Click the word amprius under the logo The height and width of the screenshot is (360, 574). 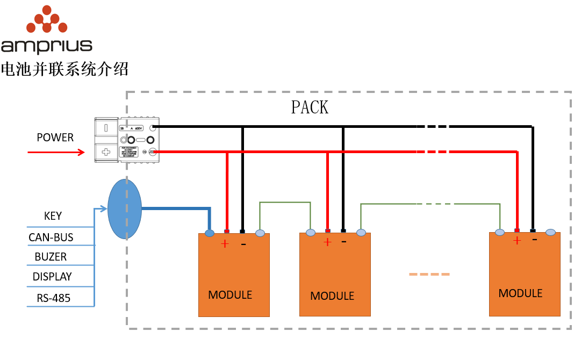coord(47,46)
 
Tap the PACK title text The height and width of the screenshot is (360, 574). coord(310,107)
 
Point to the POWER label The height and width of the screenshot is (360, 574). coord(55,138)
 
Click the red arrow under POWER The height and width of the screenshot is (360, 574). coord(56,153)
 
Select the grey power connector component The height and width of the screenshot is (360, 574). coord(128,140)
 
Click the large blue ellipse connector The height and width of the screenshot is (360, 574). coord(124,209)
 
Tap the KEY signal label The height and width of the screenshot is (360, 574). coord(53,216)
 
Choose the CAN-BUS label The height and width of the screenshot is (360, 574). coord(51,237)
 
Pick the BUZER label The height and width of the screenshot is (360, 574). coord(51,257)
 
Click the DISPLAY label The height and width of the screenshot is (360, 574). coord(52,277)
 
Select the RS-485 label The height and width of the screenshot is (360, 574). coord(54,298)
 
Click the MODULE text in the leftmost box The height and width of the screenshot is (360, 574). coord(230,294)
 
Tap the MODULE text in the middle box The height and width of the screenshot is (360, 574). coord(332,296)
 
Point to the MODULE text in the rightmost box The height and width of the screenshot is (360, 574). coord(520,293)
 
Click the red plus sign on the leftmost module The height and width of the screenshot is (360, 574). coord(225,244)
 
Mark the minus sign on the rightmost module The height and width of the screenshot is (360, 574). coord(534,240)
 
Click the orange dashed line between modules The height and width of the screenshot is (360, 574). coord(429,274)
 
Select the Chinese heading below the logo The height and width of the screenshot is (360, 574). coord(64,69)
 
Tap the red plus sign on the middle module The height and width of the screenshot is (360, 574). coord(327,242)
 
